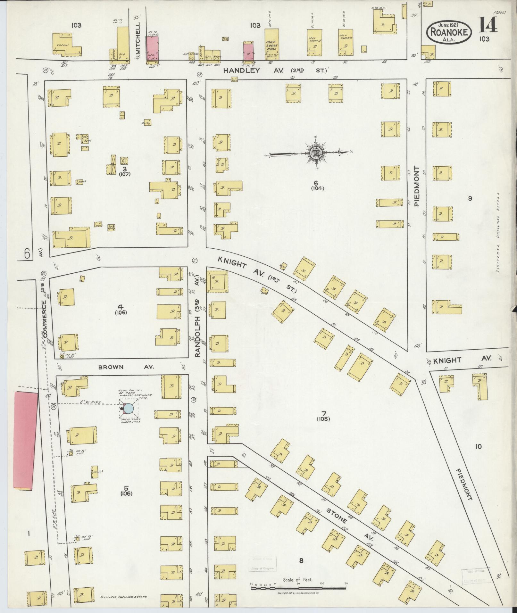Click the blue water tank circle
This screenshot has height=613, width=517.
click(x=129, y=408)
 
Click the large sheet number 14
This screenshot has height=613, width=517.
click(x=488, y=25)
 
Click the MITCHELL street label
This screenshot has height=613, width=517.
click(x=138, y=37)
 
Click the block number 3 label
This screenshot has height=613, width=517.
click(x=124, y=169)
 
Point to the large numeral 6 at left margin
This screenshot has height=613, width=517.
click(x=27, y=254)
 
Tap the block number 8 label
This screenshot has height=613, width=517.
click(x=301, y=560)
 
